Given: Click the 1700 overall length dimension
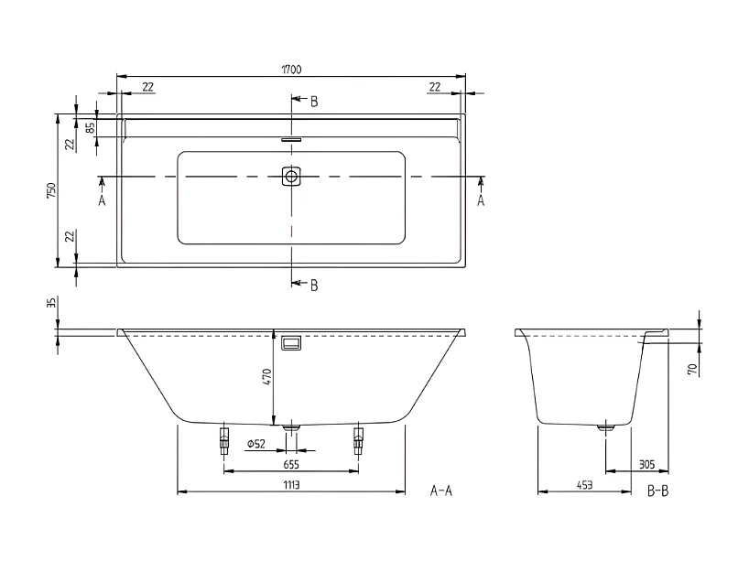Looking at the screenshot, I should [x=292, y=70].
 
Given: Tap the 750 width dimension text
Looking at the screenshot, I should [x=52, y=190].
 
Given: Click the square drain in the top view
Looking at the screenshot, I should [x=292, y=176].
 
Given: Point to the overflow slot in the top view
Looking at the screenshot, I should [x=292, y=140].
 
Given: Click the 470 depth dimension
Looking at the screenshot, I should [x=267, y=378].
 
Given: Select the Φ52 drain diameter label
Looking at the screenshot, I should [x=255, y=444].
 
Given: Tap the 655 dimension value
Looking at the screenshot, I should [x=292, y=464].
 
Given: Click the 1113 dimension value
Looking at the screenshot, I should [x=292, y=485].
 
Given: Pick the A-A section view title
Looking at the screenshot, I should [x=441, y=491].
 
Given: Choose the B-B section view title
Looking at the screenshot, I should [x=657, y=491].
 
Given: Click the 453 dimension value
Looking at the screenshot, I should [x=583, y=485].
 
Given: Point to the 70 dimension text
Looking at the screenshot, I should [x=694, y=369].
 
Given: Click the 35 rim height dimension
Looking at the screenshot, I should [x=52, y=304].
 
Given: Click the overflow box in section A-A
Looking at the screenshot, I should [x=292, y=343].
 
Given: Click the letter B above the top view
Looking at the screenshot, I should [x=313, y=102].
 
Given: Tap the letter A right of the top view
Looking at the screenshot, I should [x=481, y=200].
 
